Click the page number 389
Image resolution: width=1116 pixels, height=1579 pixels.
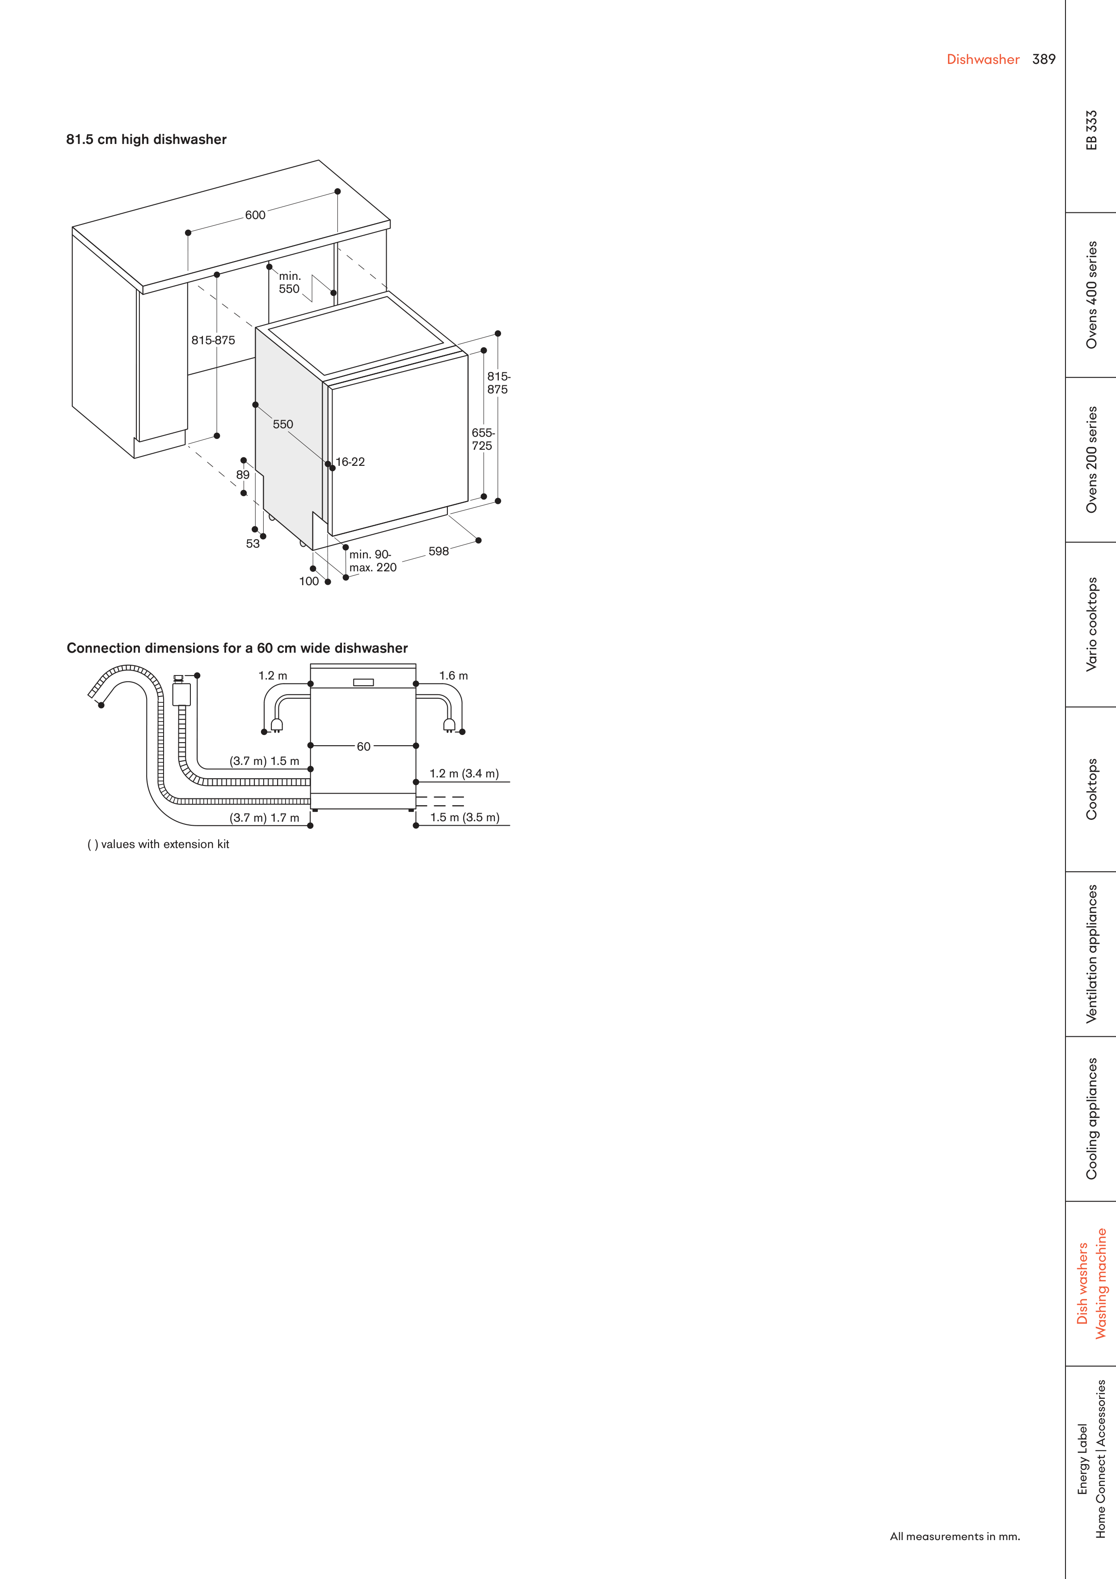[x=1043, y=59]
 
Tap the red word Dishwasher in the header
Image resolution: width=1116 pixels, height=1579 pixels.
[x=983, y=59]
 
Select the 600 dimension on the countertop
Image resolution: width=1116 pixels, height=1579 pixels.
[x=255, y=215]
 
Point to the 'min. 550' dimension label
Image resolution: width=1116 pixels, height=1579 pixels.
[x=290, y=283]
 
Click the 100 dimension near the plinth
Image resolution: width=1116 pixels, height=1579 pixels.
[x=309, y=581]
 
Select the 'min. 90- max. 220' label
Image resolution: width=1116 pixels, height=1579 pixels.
[x=373, y=561]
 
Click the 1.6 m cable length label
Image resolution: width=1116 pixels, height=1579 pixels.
[x=454, y=676]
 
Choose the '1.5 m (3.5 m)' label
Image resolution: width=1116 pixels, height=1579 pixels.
[x=465, y=818]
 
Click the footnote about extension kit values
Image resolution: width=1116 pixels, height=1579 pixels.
[x=158, y=844]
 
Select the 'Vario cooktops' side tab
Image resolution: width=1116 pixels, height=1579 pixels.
[x=1091, y=625]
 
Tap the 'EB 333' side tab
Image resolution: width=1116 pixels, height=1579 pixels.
[x=1091, y=130]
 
